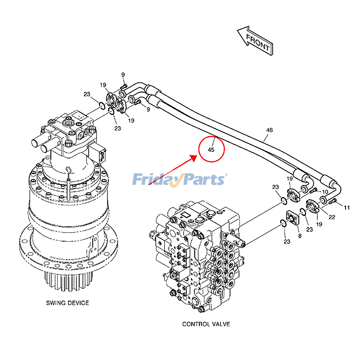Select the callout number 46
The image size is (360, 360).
269,130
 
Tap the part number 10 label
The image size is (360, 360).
325,192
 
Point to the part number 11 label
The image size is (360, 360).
346,207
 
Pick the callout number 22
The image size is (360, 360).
332,217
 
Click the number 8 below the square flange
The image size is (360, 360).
300,236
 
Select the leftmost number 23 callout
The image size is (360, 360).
87,94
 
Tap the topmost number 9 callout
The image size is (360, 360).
122,75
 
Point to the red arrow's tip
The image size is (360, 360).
197,157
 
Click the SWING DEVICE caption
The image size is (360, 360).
67,303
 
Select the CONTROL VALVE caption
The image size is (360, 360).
206,324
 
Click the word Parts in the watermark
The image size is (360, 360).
203,179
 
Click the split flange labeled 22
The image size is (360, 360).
314,207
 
